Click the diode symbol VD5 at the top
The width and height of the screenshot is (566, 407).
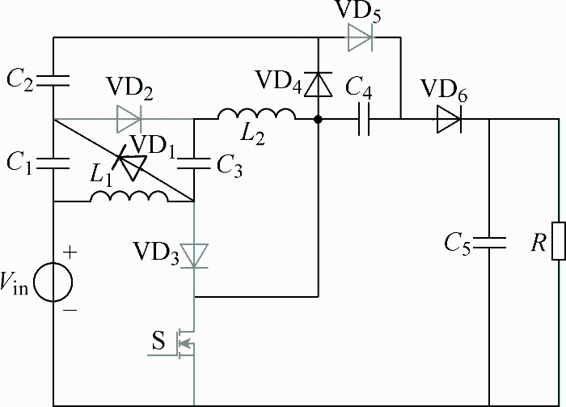[360, 37]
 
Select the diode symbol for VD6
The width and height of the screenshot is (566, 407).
[449, 119]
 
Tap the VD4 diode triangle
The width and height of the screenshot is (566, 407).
[318, 84]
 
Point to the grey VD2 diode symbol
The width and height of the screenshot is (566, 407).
[129, 119]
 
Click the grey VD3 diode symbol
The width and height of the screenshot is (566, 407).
[194, 256]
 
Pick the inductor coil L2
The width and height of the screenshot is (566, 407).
[256, 113]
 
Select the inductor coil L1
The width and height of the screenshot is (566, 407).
[129, 196]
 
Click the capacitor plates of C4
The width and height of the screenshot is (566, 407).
[364, 119]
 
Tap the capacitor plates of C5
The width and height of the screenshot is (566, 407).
[489, 243]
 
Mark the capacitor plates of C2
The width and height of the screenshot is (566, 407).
[53, 81]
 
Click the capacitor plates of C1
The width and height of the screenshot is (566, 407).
[53, 163]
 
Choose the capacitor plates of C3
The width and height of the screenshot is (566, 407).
[194, 163]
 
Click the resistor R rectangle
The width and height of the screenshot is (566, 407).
[559, 241]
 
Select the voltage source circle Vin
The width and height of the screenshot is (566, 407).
[53, 282]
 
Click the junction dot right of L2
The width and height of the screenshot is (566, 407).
[318, 119]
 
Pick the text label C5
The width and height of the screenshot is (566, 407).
[458, 244]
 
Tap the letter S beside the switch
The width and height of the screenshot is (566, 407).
[158, 341]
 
